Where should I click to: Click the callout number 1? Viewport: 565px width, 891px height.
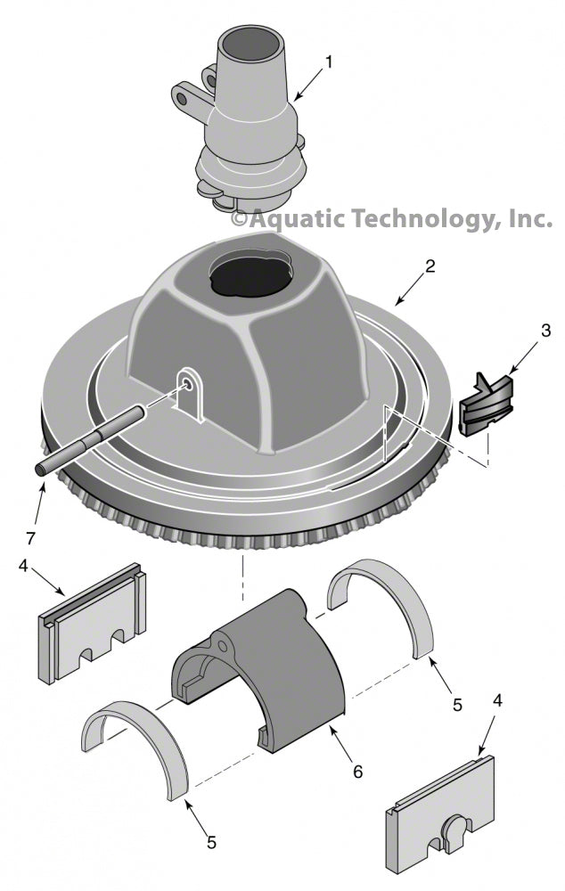(x=328, y=61)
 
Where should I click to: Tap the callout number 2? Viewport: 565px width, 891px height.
(x=430, y=266)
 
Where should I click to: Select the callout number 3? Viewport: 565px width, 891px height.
(x=545, y=331)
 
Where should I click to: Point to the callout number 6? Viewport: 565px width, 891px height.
(x=357, y=771)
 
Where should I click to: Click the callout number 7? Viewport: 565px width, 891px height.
(x=30, y=537)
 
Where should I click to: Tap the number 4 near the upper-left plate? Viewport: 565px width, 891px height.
(x=23, y=566)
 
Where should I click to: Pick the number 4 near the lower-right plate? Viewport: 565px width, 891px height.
(x=497, y=700)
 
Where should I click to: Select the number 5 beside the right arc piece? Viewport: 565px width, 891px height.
(x=457, y=705)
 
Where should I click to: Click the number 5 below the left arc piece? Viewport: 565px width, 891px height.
(x=211, y=842)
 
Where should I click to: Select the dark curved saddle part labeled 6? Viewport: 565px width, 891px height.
(x=258, y=671)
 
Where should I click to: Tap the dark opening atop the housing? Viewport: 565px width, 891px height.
(x=250, y=277)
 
